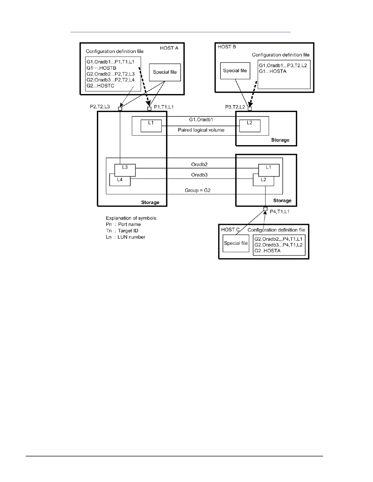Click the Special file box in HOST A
pos(165,72)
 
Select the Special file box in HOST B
pos(235,71)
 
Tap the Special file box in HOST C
pos(236,243)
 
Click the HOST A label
pos(169,48)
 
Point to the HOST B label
pos(227,47)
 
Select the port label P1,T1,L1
pos(164,107)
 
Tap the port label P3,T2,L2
pos(235,107)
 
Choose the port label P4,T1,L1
pos(280,211)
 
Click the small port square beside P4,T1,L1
pos(265,209)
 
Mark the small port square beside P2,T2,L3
pos(120,108)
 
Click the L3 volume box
pos(125,170)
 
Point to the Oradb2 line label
pos(199,165)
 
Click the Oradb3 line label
pos(199,175)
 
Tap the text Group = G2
pos(198,190)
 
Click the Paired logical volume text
pos(201,130)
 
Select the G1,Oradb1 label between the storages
pos(201,120)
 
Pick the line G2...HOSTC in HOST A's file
pos(100,86)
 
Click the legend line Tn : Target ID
pos(122,231)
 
